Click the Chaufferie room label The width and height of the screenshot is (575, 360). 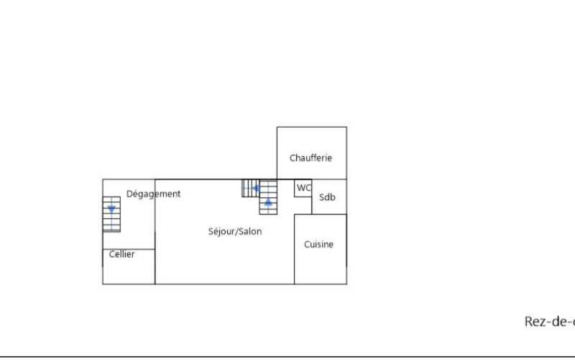tap(310, 158)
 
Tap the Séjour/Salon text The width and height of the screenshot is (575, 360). tap(235, 232)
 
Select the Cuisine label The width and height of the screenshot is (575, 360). tap(318, 244)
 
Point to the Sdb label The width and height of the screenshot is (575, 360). tap(327, 197)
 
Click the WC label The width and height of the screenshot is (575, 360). tap(304, 188)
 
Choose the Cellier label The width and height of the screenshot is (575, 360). tap(122, 254)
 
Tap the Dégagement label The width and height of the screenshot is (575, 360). tap(153, 194)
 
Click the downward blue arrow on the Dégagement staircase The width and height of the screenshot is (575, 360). tap(111, 209)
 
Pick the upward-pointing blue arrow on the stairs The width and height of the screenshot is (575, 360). tap(268, 202)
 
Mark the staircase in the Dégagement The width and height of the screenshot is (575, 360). tap(111, 214)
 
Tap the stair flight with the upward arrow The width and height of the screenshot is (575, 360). tap(268, 197)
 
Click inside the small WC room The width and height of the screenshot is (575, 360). tap(303, 192)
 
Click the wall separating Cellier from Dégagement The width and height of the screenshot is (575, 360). tap(129, 249)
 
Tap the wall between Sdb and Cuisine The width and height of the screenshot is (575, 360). tap(329, 214)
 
